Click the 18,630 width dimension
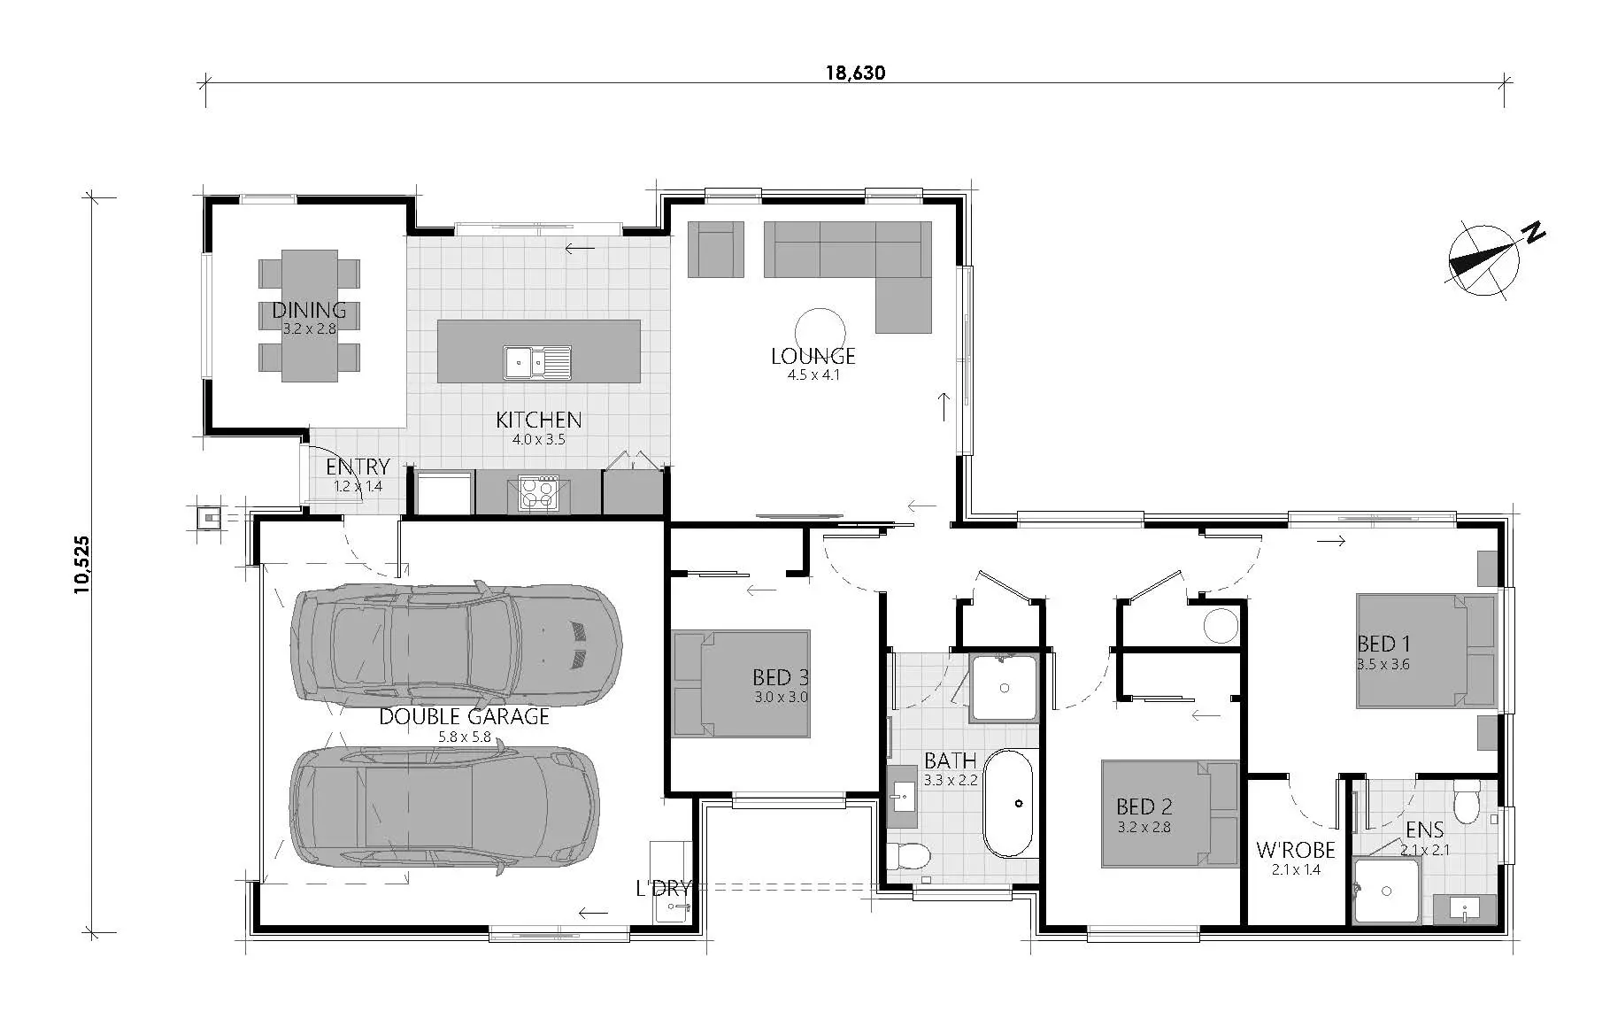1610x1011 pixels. (x=855, y=73)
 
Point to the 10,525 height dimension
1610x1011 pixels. (x=82, y=564)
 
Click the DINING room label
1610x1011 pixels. (x=309, y=310)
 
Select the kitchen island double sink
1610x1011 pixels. (x=538, y=363)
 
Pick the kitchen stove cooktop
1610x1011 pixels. (x=538, y=495)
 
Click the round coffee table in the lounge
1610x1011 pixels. (x=820, y=332)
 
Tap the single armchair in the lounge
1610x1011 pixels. (x=716, y=249)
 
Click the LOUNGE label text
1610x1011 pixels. (x=813, y=356)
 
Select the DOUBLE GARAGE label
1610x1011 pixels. (x=464, y=716)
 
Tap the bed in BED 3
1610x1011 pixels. (x=742, y=683)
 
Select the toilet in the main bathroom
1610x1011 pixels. (x=908, y=856)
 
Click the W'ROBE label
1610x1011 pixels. (x=1295, y=851)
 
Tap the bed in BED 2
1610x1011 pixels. (x=1169, y=814)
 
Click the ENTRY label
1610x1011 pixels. (x=358, y=467)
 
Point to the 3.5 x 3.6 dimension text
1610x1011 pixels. (x=1383, y=664)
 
